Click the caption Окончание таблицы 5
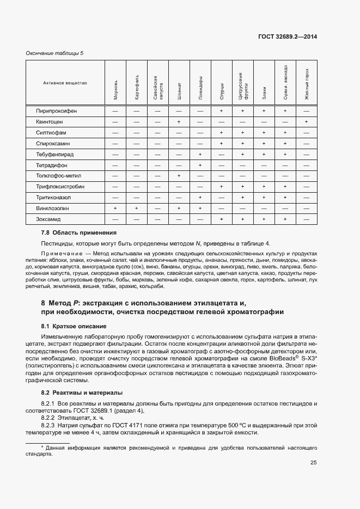[x=55, y=53]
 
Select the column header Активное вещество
[x=65, y=83]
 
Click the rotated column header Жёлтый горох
[x=307, y=84]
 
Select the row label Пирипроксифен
[x=57, y=111]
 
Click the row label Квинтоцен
[x=50, y=122]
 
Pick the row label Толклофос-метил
[x=58, y=176]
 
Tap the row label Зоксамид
[x=48, y=219]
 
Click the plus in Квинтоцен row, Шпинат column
[x=179, y=122]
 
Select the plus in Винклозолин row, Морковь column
[x=115, y=208]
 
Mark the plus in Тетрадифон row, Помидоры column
[x=200, y=165]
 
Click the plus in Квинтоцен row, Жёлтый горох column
[x=307, y=122]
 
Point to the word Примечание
[x=59, y=253]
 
